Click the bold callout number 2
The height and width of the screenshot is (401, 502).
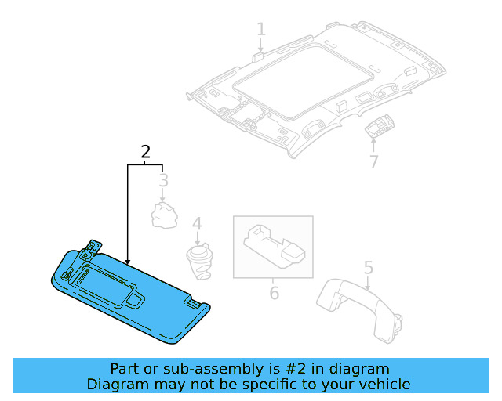click(145, 152)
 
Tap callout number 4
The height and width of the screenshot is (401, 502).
click(197, 225)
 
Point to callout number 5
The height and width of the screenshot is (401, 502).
click(368, 267)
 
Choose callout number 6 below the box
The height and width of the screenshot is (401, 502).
click(274, 294)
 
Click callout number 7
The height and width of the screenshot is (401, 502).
click(373, 162)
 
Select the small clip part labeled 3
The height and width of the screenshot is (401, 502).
click(164, 214)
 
